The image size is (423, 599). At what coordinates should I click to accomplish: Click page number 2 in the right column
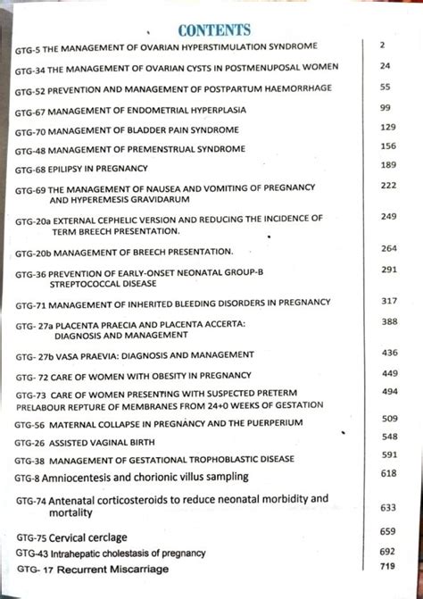pyautogui.click(x=382, y=45)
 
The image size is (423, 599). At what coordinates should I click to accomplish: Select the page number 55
pyautogui.click(x=386, y=88)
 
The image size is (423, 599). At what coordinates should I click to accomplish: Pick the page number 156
pyautogui.click(x=386, y=146)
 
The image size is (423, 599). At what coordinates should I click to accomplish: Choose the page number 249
pyautogui.click(x=387, y=217)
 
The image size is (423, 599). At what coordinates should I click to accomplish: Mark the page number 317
pyautogui.click(x=387, y=302)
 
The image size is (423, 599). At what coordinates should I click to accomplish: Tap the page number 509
pyautogui.click(x=388, y=419)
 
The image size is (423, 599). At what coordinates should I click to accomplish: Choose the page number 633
pyautogui.click(x=387, y=507)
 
